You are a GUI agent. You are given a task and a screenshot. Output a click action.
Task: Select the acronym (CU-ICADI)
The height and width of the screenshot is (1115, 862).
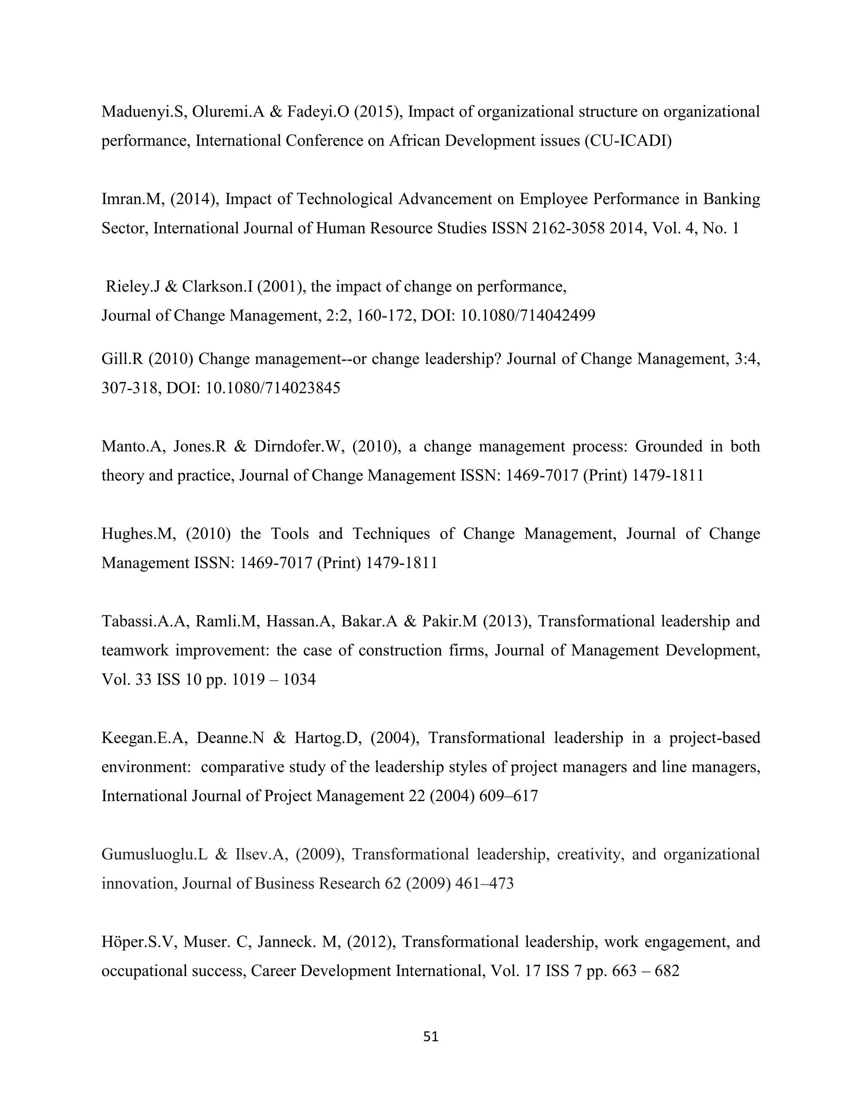click(628, 141)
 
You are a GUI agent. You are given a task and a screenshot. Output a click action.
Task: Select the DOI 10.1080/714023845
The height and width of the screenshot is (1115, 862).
click(273, 388)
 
